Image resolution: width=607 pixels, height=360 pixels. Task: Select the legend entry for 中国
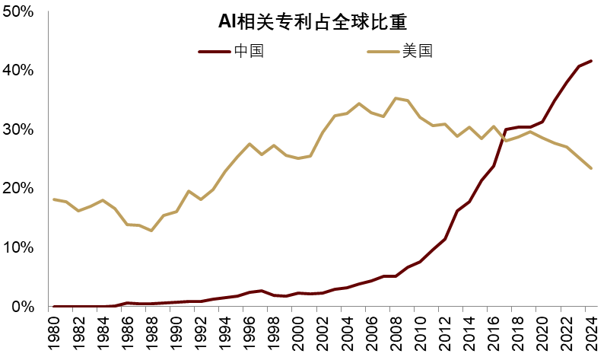pos(249,52)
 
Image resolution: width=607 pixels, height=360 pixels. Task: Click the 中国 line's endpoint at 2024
pos(591,61)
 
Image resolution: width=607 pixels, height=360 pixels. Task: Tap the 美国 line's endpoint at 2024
pos(591,168)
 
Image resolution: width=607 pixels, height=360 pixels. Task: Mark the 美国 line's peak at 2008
pos(396,98)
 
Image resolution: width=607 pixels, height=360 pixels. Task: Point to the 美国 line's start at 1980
pos(53,199)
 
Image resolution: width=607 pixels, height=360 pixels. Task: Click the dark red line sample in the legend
pos(214,52)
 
